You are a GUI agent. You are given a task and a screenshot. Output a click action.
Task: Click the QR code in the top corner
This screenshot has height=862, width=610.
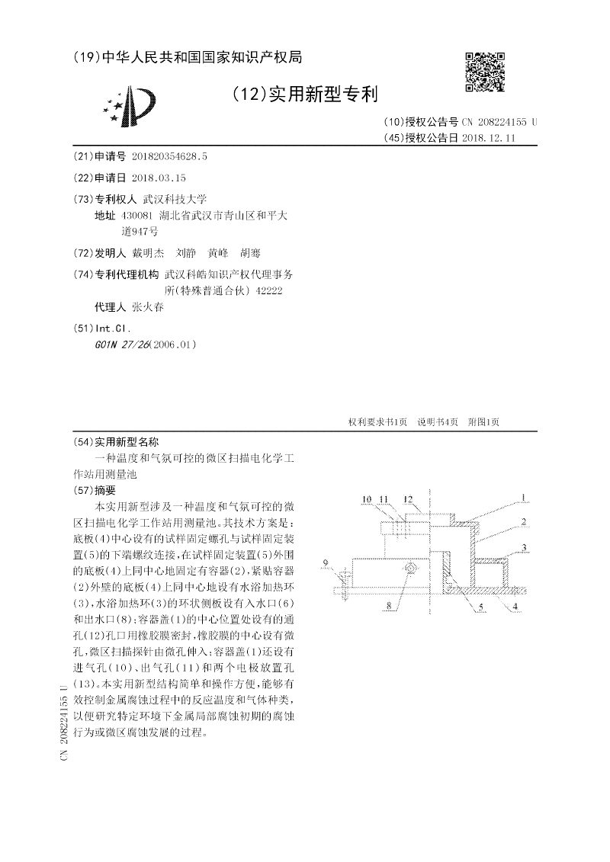point(485,72)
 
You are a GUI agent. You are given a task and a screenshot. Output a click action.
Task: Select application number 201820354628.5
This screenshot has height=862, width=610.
point(169,156)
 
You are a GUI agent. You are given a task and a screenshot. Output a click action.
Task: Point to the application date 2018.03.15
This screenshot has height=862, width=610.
point(159,178)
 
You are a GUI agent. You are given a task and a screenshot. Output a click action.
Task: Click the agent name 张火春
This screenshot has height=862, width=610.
point(148,308)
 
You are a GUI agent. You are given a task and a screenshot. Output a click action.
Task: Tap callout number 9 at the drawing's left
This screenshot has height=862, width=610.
point(326,563)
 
